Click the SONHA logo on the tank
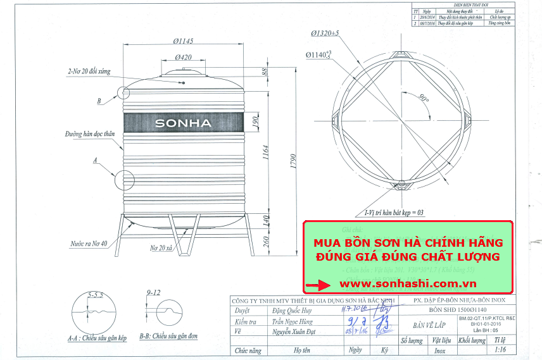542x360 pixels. click(183, 123)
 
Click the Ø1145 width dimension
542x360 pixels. click(183, 41)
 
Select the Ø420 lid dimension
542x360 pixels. click(183, 58)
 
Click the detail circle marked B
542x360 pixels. click(123, 92)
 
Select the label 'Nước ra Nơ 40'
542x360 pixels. click(88, 243)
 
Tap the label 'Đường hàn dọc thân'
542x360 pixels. click(89, 134)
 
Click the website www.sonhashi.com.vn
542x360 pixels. click(408, 284)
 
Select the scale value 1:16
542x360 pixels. click(500, 349)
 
